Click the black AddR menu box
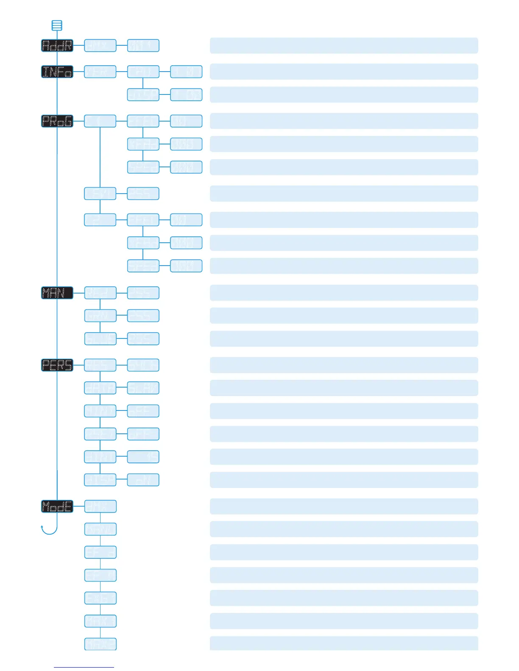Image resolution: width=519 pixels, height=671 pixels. point(57,46)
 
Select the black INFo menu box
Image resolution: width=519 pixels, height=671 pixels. point(57,72)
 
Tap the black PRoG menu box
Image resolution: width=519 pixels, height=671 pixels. point(57,121)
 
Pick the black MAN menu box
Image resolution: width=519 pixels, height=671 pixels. point(57,293)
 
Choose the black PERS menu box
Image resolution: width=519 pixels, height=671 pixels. point(57,365)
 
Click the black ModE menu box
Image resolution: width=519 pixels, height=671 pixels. point(57,506)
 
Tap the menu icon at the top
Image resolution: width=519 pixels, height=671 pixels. point(57,25)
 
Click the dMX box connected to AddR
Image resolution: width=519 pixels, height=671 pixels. point(100,46)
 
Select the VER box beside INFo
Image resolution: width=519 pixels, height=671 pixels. point(100,72)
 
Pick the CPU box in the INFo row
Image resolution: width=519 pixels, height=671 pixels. point(143,72)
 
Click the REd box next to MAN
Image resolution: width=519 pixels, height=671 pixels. point(100,293)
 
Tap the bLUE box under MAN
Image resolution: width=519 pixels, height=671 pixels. point(100,339)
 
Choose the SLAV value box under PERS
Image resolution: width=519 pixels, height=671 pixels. point(143,388)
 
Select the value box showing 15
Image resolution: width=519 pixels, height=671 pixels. point(143,457)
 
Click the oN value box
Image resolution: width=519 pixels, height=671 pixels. point(143,480)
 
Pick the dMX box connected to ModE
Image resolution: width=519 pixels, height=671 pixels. point(100,506)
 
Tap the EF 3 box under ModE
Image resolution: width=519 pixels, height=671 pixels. point(100,552)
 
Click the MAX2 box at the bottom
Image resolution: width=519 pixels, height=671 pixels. point(100,644)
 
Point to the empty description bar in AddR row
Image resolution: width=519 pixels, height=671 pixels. point(344,46)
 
